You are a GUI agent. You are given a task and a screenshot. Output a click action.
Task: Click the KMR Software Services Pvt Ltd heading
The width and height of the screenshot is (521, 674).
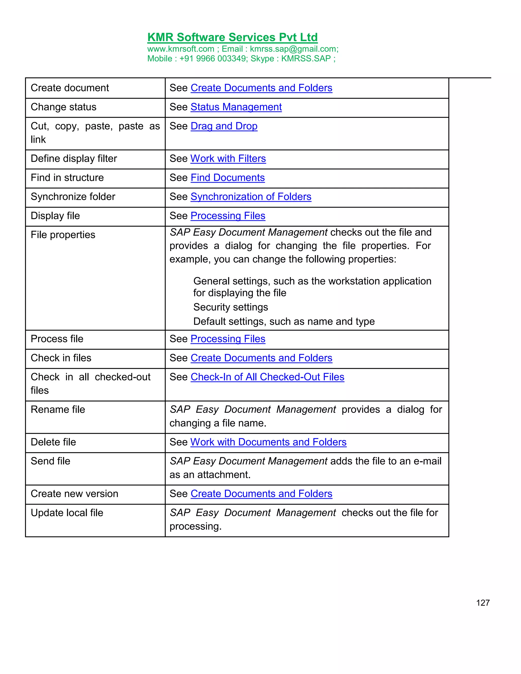[x=233, y=37]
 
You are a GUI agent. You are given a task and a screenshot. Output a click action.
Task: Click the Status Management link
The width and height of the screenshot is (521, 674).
[x=236, y=107]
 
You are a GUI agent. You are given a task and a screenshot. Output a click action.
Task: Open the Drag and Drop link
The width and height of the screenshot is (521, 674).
[x=224, y=126]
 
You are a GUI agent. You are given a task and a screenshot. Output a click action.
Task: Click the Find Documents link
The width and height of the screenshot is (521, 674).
[x=227, y=178]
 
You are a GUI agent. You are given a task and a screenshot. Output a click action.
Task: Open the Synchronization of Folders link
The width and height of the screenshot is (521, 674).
[x=251, y=197]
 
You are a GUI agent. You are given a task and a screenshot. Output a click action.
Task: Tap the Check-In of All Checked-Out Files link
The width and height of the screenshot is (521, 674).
[x=267, y=377]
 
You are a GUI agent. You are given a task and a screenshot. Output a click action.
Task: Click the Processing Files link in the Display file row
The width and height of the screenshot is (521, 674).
[x=228, y=216]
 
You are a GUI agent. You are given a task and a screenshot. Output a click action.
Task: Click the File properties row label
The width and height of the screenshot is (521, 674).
[x=63, y=235]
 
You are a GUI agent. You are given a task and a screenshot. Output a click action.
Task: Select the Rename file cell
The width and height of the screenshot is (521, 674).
[x=58, y=409]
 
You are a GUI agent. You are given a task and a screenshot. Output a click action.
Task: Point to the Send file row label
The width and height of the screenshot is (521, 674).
[x=50, y=461]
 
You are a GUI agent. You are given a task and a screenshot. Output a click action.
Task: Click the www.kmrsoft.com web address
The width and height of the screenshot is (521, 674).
[x=181, y=49]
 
